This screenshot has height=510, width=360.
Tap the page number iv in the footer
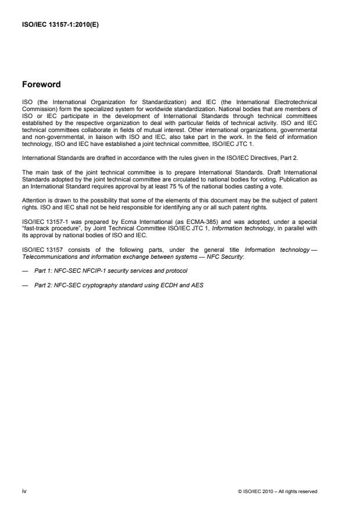click(x=24, y=491)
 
